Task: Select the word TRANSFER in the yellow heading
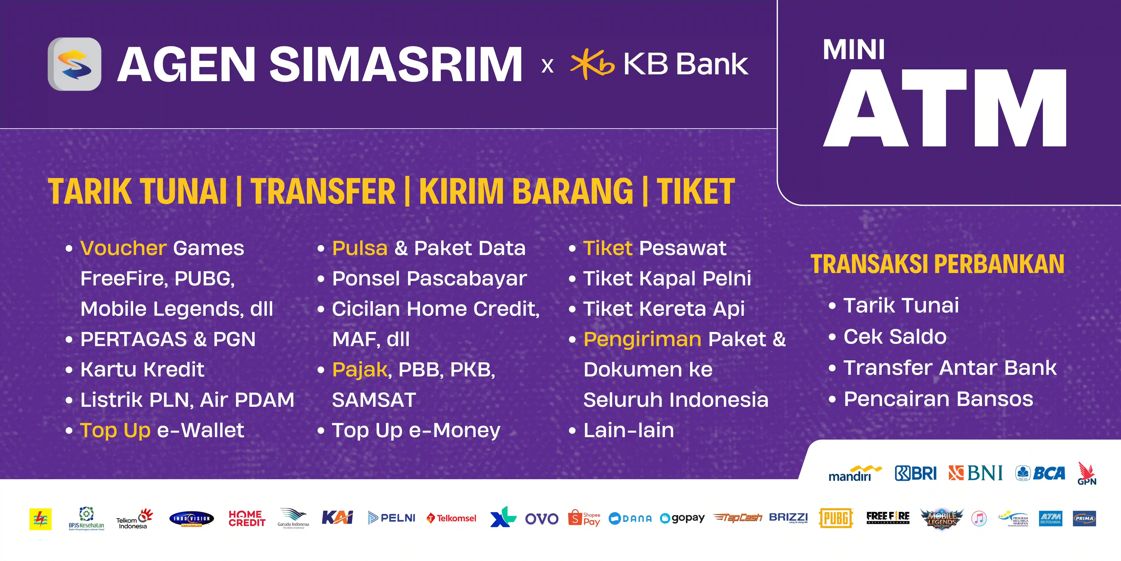tap(323, 192)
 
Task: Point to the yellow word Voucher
tap(123, 248)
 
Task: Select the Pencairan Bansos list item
tap(938, 399)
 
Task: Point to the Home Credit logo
tap(247, 518)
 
